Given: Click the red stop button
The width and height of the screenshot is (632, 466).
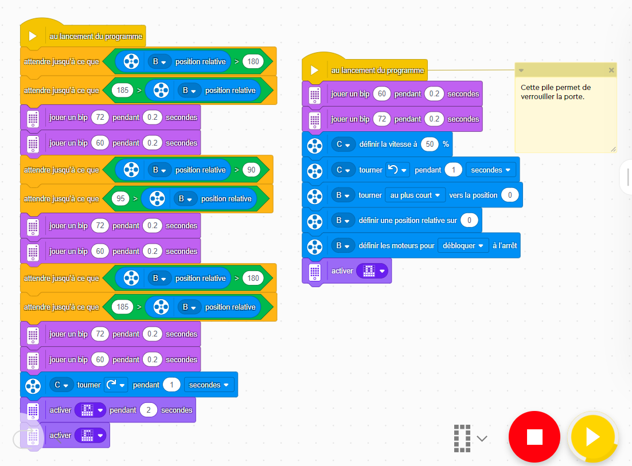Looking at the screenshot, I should click(535, 437).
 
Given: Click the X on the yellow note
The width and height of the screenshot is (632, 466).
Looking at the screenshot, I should click(611, 70).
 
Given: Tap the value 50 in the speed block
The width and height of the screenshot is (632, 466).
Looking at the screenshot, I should click(430, 144).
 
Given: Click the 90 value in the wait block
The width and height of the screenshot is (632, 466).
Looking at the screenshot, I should click(250, 170).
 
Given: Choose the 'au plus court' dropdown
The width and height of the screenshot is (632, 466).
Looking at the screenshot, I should click(415, 195).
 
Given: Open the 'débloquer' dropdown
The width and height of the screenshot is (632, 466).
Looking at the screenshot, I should click(462, 245).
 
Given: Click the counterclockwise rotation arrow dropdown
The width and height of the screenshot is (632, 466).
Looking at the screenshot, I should click(397, 170).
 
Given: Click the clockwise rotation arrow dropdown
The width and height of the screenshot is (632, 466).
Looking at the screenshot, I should click(115, 385).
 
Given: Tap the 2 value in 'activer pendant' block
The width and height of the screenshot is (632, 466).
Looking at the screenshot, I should click(149, 410).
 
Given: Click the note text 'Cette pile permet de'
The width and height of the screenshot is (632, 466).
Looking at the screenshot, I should click(555, 88).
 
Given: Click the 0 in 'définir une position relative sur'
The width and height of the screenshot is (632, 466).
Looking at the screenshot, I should click(469, 221).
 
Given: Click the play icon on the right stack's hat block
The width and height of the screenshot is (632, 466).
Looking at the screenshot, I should click(314, 71).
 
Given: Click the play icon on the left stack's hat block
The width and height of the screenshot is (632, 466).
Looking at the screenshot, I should click(33, 36).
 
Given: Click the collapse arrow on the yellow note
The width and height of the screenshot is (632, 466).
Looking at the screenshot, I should click(521, 71).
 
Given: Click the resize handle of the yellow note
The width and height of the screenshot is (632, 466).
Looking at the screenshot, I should click(613, 149).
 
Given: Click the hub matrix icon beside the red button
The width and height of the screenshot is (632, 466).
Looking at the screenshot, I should click(461, 437).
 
